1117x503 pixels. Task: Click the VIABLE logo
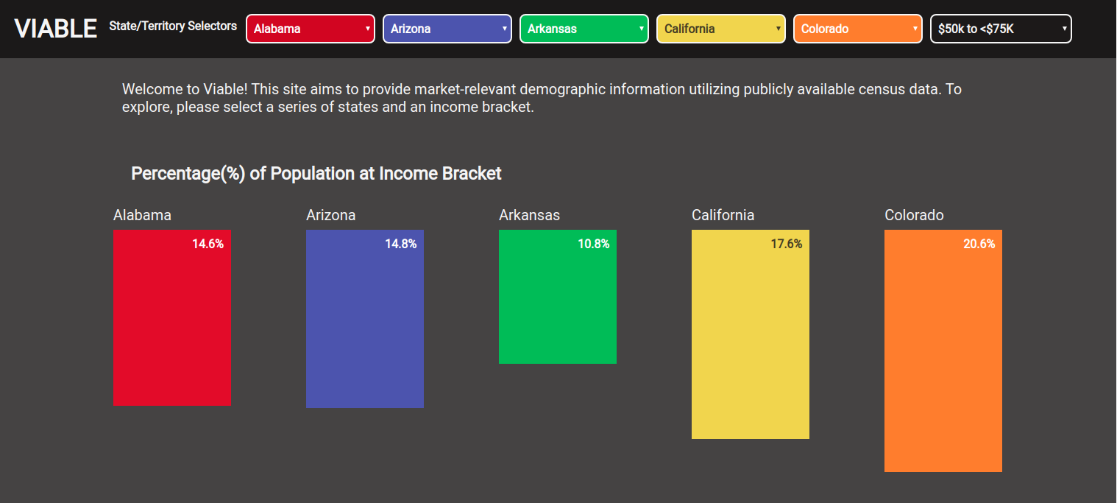[x=55, y=29]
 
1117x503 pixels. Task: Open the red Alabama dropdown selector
[x=311, y=29]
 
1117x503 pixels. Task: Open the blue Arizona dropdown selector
[x=447, y=29]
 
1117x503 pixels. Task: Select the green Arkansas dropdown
[x=584, y=29]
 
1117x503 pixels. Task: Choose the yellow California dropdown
[x=721, y=29]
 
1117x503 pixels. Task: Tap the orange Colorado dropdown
[x=858, y=29]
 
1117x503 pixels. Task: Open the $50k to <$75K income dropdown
[x=1001, y=29]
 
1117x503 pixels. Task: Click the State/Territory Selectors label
[x=173, y=26]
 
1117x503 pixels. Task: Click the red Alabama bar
[x=172, y=318]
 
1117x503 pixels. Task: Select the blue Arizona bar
[x=365, y=319]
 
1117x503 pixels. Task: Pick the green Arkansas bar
[x=558, y=297]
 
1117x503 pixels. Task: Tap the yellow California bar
[x=751, y=334]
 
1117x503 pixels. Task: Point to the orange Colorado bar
[x=943, y=351]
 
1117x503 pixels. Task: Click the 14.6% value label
[x=208, y=244]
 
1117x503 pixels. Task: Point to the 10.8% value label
[x=593, y=244]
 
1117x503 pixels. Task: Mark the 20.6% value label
[x=979, y=244]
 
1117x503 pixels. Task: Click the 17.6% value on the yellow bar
[x=787, y=244]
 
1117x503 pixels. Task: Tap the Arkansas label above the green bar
[x=530, y=215]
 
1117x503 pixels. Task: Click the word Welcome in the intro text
[x=152, y=89]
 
